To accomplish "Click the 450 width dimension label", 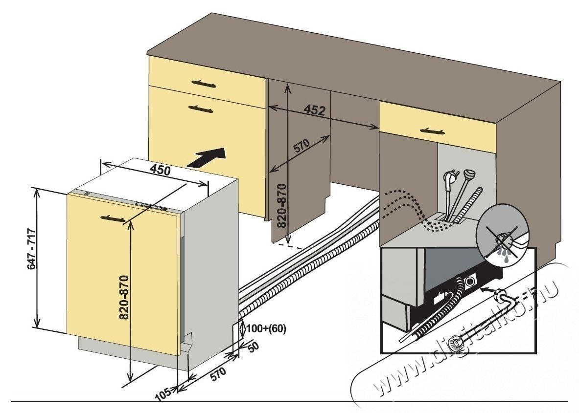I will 160,171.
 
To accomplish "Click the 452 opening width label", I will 315,110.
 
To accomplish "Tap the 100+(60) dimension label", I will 266,328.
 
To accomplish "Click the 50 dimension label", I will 254,347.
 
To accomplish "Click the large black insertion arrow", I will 208,157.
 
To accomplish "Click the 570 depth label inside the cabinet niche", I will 301,147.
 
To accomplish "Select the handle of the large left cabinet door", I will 201,109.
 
